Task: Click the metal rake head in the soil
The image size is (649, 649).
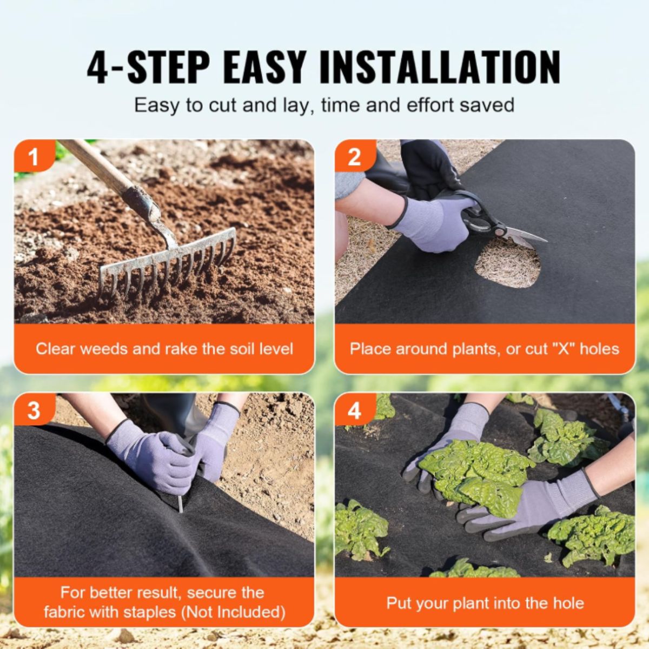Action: (167, 263)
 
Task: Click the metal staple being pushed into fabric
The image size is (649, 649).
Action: (181, 504)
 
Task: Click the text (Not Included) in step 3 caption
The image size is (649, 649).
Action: (233, 612)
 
